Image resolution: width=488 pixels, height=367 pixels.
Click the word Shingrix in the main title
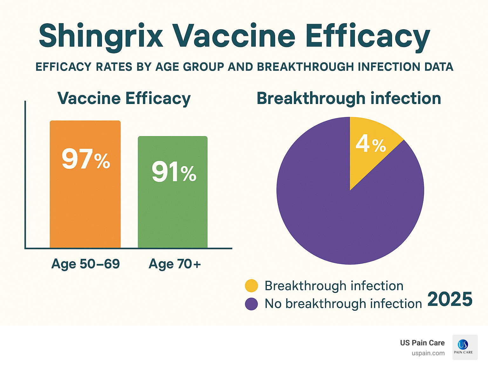tap(101, 36)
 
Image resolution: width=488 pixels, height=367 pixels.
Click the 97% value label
tap(86, 159)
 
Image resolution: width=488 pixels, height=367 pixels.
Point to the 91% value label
tap(174, 172)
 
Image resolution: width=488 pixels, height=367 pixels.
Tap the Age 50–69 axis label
tap(85, 264)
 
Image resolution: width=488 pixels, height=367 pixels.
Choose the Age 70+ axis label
tap(175, 264)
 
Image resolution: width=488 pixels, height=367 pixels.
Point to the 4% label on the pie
tap(370, 144)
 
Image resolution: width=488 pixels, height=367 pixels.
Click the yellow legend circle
tap(251, 286)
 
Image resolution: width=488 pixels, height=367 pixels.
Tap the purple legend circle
tap(251, 304)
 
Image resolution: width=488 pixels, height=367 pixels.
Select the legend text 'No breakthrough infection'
tap(343, 304)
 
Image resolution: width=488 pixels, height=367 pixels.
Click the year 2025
tap(450, 300)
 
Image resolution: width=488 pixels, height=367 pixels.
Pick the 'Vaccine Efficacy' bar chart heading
tap(124, 98)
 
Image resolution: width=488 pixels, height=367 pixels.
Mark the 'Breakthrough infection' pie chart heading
tap(349, 98)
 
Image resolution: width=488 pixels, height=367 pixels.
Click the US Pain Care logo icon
tap(465, 347)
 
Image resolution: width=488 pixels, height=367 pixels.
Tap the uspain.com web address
tap(428, 353)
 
